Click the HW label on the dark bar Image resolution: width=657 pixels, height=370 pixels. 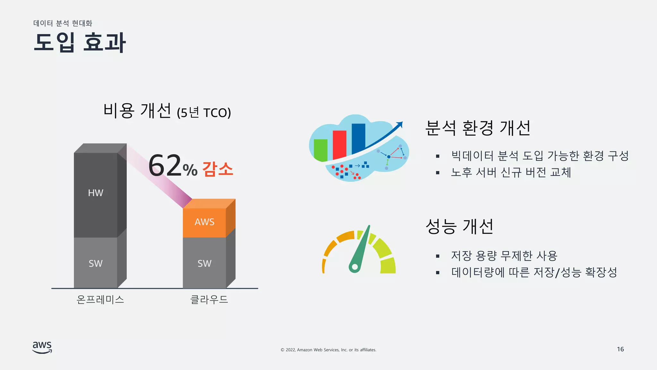(x=96, y=193)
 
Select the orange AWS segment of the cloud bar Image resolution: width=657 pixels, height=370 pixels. (x=204, y=222)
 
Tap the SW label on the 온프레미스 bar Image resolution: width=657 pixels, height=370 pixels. (x=96, y=263)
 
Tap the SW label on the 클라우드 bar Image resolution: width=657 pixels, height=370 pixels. (x=204, y=263)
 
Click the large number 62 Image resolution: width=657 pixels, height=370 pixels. (x=165, y=166)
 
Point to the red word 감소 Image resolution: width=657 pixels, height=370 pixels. (x=218, y=169)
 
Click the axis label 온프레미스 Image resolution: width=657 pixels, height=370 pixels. (x=100, y=300)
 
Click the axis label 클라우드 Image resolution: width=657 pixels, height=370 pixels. (x=209, y=300)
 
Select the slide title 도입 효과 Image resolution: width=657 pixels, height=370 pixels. (x=80, y=42)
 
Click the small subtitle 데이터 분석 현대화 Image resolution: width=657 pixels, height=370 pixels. (x=63, y=23)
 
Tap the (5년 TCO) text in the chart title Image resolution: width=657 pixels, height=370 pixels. (x=204, y=113)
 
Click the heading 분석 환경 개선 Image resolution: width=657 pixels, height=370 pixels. (x=478, y=128)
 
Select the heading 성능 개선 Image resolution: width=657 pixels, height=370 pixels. (x=459, y=226)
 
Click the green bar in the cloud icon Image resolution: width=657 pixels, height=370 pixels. (x=320, y=150)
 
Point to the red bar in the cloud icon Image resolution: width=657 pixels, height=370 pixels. (x=339, y=145)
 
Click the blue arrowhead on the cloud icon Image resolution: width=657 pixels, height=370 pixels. (x=399, y=125)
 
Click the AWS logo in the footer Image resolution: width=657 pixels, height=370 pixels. (x=42, y=347)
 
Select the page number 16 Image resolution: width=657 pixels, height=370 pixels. (x=620, y=349)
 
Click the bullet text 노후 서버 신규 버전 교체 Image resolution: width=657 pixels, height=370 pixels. (x=511, y=172)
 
